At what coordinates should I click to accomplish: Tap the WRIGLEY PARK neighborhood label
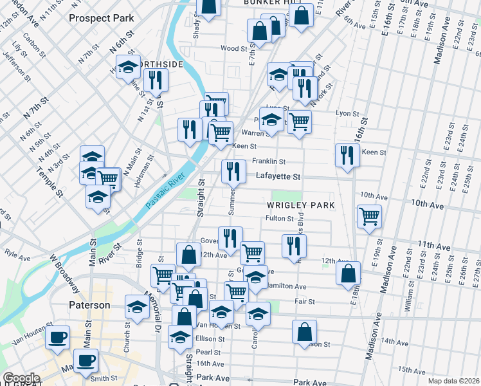(x=299, y=205)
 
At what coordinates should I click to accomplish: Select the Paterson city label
(x=90, y=304)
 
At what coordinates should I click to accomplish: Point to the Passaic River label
(x=165, y=190)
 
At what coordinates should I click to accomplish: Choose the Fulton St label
(x=280, y=219)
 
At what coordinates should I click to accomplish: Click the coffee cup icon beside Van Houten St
(x=57, y=336)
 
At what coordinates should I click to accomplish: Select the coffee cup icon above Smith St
(x=86, y=360)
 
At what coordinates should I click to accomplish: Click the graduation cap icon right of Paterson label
(x=137, y=306)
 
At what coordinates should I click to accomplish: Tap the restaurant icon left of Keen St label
(x=347, y=154)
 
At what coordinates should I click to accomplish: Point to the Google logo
(x=21, y=378)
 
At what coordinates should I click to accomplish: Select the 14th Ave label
(x=395, y=342)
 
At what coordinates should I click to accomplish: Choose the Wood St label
(x=234, y=48)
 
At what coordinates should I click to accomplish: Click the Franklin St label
(x=268, y=161)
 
